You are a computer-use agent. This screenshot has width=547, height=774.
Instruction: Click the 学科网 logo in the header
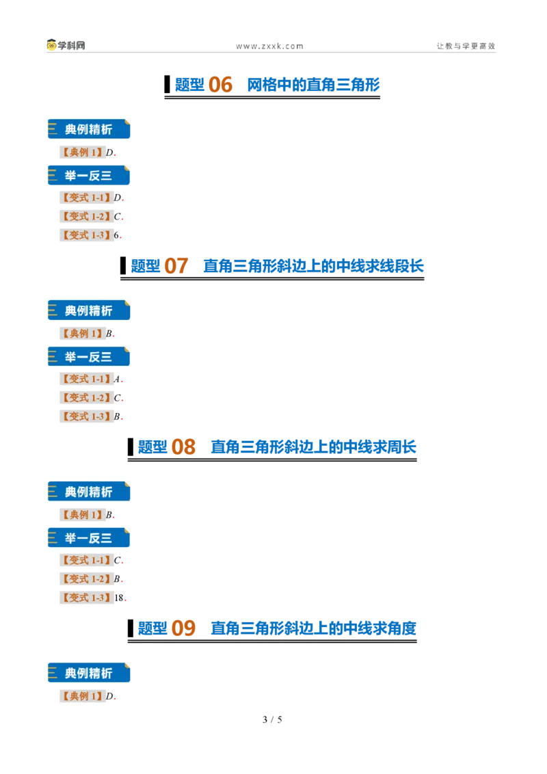click(66, 45)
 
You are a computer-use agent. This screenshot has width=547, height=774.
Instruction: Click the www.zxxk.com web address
click(269, 46)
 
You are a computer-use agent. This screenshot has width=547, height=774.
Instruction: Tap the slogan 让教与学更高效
click(466, 46)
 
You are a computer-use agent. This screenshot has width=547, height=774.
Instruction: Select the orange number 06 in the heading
click(220, 85)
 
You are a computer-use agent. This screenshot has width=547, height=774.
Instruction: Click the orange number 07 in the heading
click(176, 266)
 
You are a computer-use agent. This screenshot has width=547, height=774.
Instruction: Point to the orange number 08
click(184, 447)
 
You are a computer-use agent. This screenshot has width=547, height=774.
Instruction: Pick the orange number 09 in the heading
click(184, 628)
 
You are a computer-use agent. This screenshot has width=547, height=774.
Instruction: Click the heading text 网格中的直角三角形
click(313, 85)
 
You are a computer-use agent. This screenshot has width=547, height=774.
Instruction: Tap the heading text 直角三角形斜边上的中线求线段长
click(313, 266)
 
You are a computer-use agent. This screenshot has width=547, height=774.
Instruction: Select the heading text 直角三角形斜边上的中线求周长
click(313, 447)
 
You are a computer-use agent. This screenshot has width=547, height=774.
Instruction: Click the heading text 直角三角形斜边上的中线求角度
click(313, 628)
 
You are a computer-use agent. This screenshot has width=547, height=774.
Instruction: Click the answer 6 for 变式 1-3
click(116, 235)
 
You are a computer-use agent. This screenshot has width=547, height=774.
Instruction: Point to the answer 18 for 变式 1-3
click(119, 598)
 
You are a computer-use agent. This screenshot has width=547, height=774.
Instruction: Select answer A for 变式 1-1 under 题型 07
click(117, 379)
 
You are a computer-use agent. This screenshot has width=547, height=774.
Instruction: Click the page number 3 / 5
click(273, 720)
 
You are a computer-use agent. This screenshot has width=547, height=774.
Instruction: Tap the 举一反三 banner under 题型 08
click(89, 538)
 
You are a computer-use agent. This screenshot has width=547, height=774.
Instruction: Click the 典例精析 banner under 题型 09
click(89, 673)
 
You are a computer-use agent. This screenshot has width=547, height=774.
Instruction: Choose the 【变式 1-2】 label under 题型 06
click(86, 217)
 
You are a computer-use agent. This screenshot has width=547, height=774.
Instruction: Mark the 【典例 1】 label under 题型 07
click(83, 334)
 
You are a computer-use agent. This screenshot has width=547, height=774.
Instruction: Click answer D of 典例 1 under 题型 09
click(109, 697)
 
